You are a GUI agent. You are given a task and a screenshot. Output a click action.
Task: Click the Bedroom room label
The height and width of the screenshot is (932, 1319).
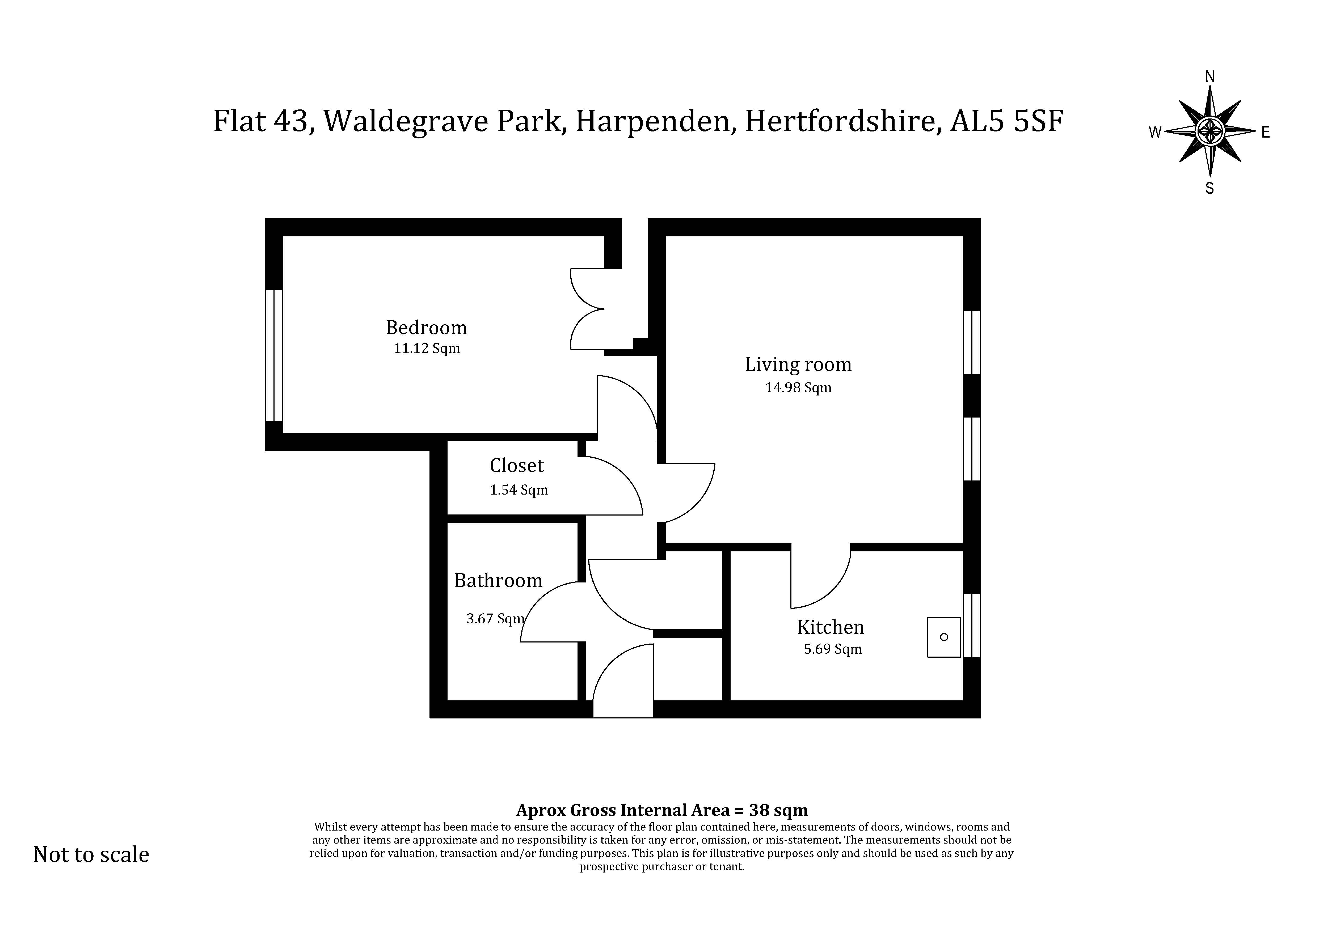(426, 328)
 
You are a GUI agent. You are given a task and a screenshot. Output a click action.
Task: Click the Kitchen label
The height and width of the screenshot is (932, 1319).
(831, 627)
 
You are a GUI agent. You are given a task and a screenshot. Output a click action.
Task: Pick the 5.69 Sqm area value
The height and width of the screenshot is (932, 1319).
(832, 649)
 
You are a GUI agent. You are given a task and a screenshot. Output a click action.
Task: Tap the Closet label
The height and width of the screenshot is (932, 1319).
(516, 466)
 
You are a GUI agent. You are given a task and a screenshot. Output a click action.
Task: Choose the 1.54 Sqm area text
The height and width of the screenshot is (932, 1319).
(519, 490)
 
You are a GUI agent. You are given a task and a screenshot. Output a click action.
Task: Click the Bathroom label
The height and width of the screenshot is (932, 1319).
(498, 581)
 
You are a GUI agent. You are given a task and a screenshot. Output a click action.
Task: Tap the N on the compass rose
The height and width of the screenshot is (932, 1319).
(1209, 76)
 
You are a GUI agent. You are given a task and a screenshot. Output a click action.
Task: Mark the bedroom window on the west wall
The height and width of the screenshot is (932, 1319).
(274, 355)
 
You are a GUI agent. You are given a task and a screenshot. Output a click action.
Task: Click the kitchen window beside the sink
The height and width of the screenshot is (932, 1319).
(971, 625)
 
